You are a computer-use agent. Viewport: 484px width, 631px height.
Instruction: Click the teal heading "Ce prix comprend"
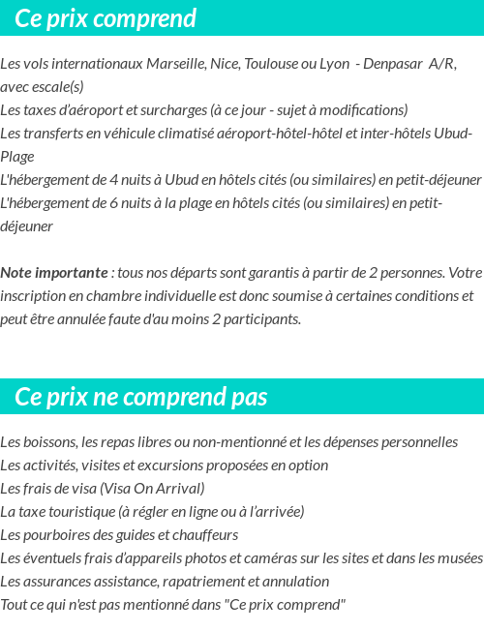click(x=106, y=18)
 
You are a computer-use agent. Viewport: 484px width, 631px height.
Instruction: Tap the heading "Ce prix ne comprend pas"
click(x=141, y=397)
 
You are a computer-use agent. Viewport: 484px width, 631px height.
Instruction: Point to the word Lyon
click(x=334, y=64)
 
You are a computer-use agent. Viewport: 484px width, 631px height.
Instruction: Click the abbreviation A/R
click(x=442, y=64)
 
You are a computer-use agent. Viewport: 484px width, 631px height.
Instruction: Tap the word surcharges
click(x=164, y=110)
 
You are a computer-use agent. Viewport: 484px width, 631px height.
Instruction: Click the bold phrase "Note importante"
click(x=52, y=273)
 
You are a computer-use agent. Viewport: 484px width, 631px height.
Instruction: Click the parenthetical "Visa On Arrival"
click(x=152, y=489)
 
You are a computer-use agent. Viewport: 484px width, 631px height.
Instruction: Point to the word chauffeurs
click(x=206, y=535)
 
